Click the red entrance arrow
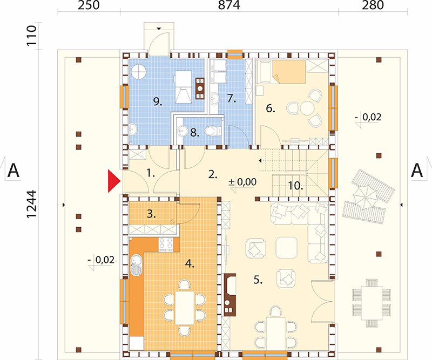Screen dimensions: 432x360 tap(113, 181)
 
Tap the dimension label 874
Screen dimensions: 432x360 tap(229, 5)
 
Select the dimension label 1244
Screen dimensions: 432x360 tap(31, 204)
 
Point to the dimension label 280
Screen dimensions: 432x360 tap(373, 5)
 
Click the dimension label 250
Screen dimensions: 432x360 tap(89, 5)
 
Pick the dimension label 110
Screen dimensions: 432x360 tap(31, 36)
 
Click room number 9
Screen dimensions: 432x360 tap(158, 102)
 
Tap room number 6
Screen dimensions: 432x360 tap(271, 108)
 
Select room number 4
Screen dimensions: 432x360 tap(190, 263)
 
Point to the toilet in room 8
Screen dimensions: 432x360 tap(212, 130)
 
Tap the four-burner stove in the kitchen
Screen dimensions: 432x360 tap(166, 244)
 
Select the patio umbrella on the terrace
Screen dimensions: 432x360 tap(365, 196)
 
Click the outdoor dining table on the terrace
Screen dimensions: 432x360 tap(372, 303)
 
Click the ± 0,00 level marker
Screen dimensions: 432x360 tap(242, 182)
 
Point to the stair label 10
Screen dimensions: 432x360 tap(295, 186)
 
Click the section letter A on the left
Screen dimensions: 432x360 tap(13, 171)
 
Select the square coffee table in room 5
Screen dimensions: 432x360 tap(287, 248)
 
